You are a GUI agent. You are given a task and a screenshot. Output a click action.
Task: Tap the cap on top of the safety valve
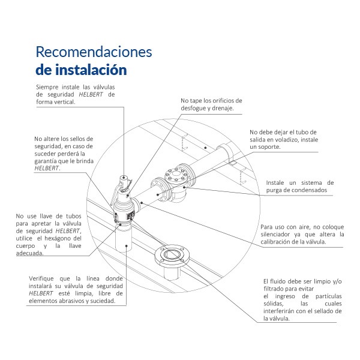click(x=124, y=179)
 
